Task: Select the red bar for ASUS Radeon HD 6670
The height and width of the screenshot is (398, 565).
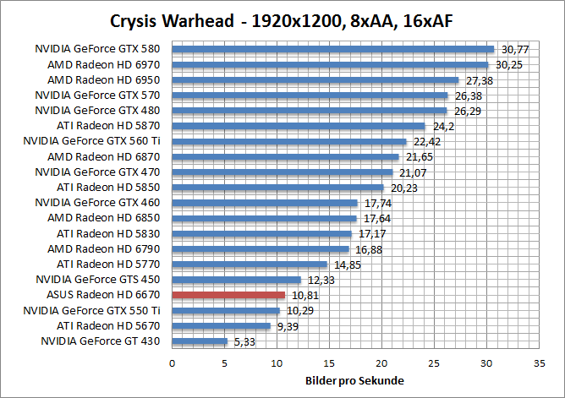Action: point(228,295)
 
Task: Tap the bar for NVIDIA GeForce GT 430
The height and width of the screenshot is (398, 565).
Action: point(200,341)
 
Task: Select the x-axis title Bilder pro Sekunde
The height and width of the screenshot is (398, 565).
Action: point(354,380)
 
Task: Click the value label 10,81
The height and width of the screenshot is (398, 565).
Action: point(305,296)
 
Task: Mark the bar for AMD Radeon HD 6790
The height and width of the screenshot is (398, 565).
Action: point(261,249)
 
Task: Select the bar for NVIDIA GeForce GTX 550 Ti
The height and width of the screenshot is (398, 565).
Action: point(226,311)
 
